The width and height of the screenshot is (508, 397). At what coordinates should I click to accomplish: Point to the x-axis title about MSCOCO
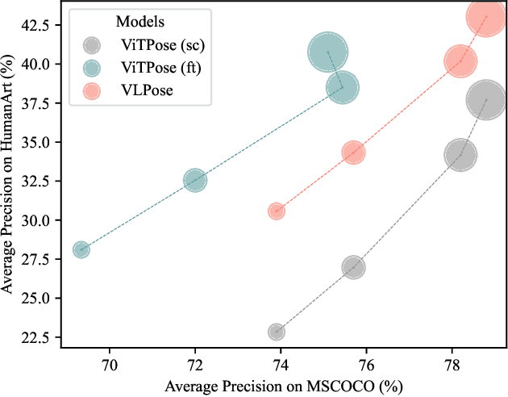pyautogui.click(x=283, y=386)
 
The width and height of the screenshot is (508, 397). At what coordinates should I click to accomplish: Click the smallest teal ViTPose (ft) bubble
pyautogui.click(x=81, y=249)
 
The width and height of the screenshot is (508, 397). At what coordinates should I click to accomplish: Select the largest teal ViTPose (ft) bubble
pyautogui.click(x=328, y=53)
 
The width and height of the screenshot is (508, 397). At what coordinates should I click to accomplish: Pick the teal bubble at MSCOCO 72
pyautogui.click(x=195, y=180)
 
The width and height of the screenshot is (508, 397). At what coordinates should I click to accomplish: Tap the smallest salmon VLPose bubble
pyautogui.click(x=277, y=211)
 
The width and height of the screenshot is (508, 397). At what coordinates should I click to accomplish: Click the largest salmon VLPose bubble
pyautogui.click(x=486, y=16)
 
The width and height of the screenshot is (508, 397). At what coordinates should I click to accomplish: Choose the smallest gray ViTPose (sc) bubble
pyautogui.click(x=277, y=331)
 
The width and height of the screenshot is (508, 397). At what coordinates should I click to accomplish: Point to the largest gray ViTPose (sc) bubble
pyautogui.click(x=486, y=100)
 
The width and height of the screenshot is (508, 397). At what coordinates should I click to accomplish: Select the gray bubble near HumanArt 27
pyautogui.click(x=353, y=267)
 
